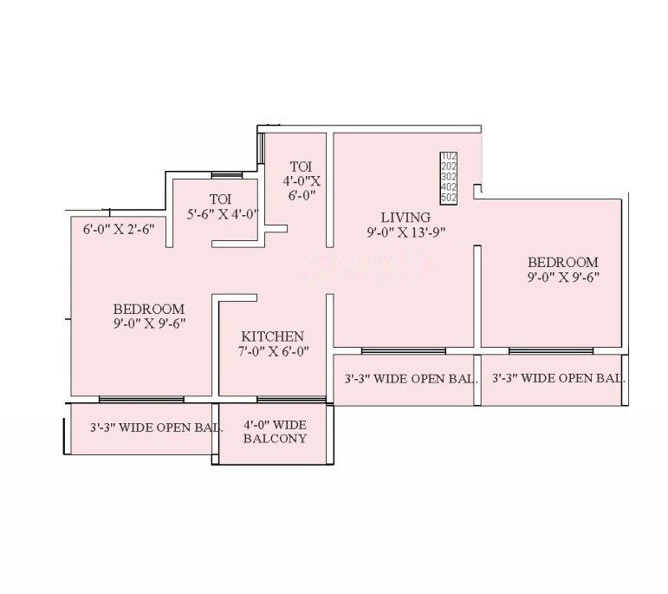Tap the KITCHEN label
point(272,336)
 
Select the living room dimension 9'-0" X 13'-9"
point(406,232)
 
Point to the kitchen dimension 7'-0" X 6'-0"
point(272,351)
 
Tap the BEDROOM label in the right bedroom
point(563,262)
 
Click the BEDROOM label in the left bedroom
point(149,309)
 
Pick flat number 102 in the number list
point(449,157)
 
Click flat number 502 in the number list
point(449,198)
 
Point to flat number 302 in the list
point(449,177)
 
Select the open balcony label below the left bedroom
point(157,428)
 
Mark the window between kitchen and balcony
point(290,399)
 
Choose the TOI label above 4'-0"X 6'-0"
point(301,166)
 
